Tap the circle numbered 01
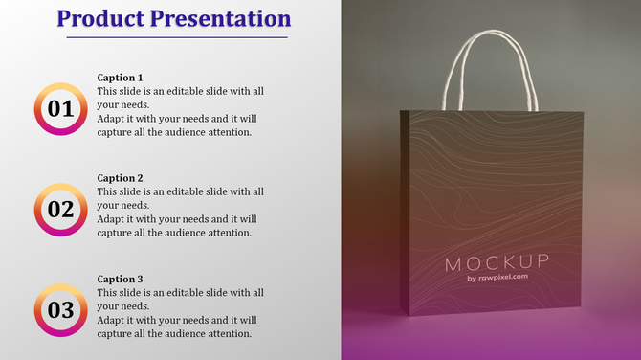click(x=60, y=109)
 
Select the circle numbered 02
click(x=60, y=210)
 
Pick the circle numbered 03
click(x=60, y=310)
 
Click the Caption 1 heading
click(x=121, y=78)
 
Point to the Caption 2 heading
click(x=121, y=178)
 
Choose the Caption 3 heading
click(x=121, y=279)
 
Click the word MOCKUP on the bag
click(x=497, y=262)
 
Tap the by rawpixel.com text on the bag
click(x=497, y=279)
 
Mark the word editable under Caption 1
click(x=191, y=91)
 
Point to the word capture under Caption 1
click(x=116, y=132)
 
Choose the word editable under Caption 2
click(x=191, y=191)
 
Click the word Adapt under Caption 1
click(x=112, y=119)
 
